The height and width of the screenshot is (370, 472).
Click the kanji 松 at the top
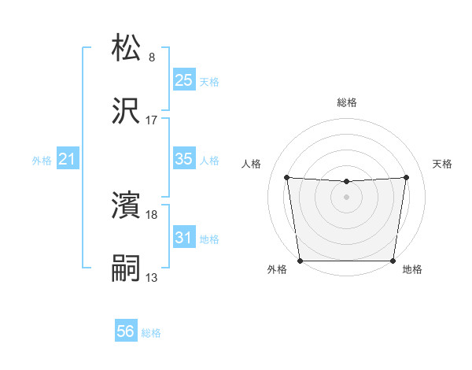(127, 48)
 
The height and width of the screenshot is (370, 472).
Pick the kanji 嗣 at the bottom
(127, 268)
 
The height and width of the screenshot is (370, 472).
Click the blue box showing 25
(183, 80)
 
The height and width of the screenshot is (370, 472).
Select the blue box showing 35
(183, 159)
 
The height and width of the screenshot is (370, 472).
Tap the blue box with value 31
(183, 237)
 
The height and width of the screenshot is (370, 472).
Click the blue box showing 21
(67, 160)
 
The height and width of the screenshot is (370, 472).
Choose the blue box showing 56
(126, 331)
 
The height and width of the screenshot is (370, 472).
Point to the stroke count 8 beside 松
(152, 57)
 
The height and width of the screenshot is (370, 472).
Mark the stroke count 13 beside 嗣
(152, 277)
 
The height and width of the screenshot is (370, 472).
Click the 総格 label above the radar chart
(347, 102)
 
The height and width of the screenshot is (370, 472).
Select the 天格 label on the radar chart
(442, 164)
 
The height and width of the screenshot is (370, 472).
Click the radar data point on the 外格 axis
(300, 261)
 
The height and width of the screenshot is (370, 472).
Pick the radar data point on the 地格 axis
(393, 261)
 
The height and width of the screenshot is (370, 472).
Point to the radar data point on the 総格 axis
(346, 182)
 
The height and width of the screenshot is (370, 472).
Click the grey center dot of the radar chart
(346, 197)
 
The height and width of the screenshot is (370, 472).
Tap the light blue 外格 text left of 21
(42, 161)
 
